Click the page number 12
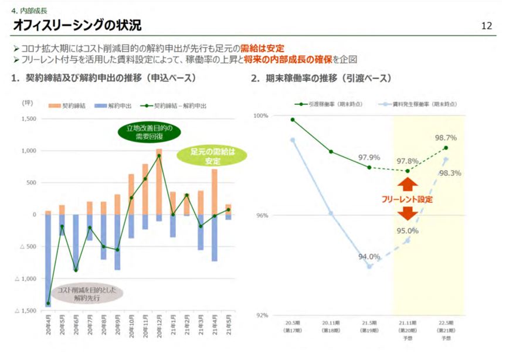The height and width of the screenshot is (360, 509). click(486, 26)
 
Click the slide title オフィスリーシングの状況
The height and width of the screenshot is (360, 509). click(77, 26)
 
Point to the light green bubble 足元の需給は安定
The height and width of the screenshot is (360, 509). click(213, 157)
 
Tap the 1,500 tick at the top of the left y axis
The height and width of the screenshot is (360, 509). click(29, 119)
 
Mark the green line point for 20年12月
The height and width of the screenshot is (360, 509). click(159, 156)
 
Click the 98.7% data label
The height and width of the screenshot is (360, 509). click(446, 138)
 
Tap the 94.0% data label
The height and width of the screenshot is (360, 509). click(369, 256)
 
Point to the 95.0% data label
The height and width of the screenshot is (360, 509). click(407, 230)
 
